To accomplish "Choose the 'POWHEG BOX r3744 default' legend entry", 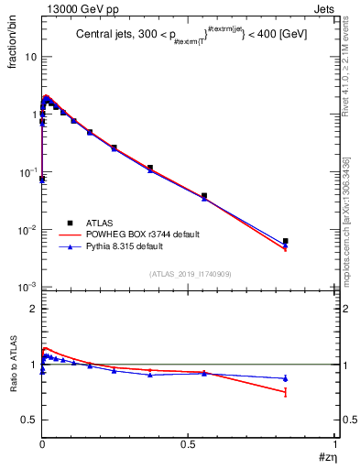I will point(147,234).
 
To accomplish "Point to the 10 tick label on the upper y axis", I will point(28,57).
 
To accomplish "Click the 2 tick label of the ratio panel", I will point(32,309).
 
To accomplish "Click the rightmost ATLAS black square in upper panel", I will point(286,241).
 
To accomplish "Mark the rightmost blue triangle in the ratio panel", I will point(286,378).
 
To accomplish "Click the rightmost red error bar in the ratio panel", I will point(286,392).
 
